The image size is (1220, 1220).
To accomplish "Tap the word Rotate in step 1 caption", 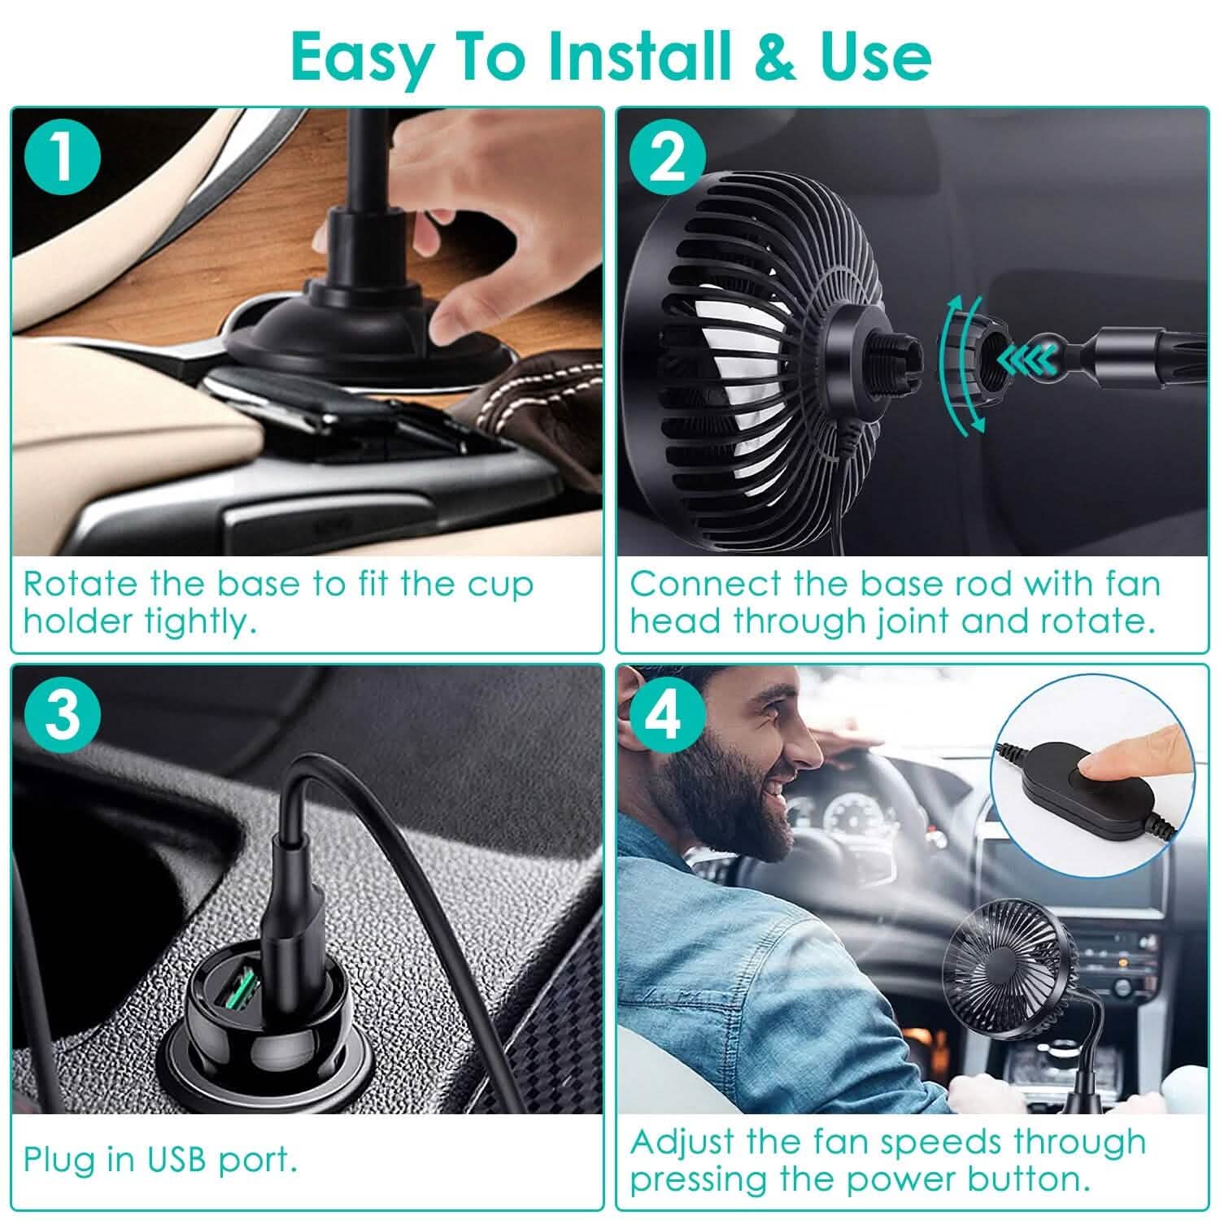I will click(x=81, y=584).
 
